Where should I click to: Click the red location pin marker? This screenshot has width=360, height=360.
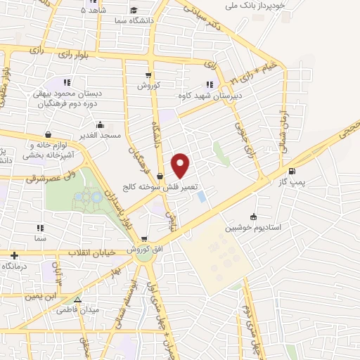pos(181,165)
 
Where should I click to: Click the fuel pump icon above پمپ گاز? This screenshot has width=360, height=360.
pos(292,170)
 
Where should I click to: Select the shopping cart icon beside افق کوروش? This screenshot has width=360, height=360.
pos(144,239)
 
